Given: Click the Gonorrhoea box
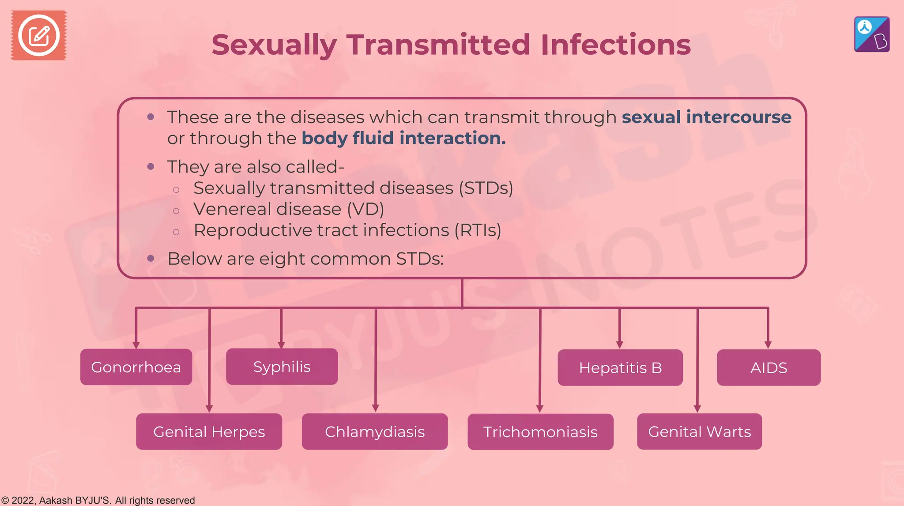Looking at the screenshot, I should click(136, 367).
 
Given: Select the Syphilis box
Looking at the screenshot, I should click(282, 367).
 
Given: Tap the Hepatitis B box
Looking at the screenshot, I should click(620, 367).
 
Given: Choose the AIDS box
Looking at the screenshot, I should click(768, 367).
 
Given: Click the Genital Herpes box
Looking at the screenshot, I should click(209, 431).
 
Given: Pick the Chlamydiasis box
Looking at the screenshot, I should click(374, 431).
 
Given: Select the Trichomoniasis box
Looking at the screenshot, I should click(540, 431).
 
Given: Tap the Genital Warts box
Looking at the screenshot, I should click(699, 431).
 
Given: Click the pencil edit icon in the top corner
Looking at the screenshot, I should click(39, 35).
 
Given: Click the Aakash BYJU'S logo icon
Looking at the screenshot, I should click(872, 34).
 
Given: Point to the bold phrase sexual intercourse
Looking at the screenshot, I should click(706, 117).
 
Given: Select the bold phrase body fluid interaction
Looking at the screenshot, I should click(403, 139).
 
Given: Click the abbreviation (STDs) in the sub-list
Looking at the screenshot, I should click(486, 188).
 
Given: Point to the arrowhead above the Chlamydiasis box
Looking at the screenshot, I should click(376, 408).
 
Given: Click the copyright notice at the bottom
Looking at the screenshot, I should click(98, 500).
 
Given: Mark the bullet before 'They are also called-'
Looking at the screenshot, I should click(151, 167).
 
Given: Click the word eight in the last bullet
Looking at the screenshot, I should click(276, 259).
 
